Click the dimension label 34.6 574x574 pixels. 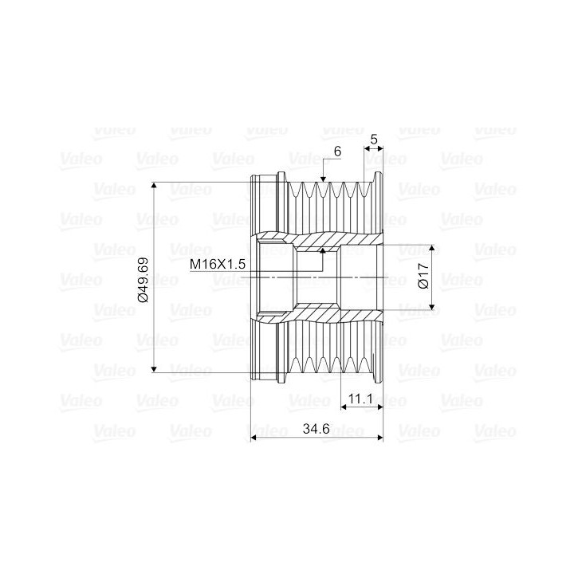point(316,428)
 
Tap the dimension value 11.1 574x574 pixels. point(360,399)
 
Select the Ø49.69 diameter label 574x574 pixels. point(143,280)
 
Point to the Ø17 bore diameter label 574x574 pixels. point(423,276)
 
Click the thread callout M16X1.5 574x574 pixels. point(218,264)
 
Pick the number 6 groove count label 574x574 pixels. point(337,151)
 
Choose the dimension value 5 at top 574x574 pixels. point(374,140)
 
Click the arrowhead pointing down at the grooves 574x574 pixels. point(323,179)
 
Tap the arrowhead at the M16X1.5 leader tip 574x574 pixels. point(323,251)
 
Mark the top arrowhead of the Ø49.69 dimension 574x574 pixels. point(154,186)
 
